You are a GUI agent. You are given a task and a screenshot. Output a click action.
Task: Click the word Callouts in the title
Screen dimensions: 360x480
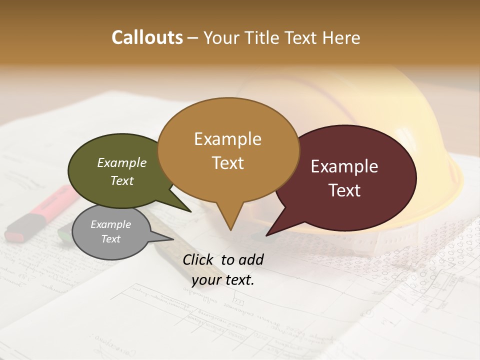[147, 37]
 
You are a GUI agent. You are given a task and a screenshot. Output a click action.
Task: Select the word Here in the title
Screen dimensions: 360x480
[341, 37]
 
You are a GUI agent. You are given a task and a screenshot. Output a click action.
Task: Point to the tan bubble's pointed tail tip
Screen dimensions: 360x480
[230, 230]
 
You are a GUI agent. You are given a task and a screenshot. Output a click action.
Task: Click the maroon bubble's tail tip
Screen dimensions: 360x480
[266, 235]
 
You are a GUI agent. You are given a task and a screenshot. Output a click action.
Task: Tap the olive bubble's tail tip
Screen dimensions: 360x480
[190, 211]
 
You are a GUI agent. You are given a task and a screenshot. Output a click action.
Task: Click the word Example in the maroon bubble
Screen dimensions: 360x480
[344, 166]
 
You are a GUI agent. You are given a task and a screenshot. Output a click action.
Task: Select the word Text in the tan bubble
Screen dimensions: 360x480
[228, 163]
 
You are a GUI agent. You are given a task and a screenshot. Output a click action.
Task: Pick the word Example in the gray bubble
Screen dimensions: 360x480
[110, 224]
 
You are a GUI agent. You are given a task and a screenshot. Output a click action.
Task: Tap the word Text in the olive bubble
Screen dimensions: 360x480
[122, 181]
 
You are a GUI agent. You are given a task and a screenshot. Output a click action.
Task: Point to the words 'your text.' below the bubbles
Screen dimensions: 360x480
[223, 280]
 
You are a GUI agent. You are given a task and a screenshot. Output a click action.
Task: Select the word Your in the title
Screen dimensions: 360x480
[222, 37]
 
